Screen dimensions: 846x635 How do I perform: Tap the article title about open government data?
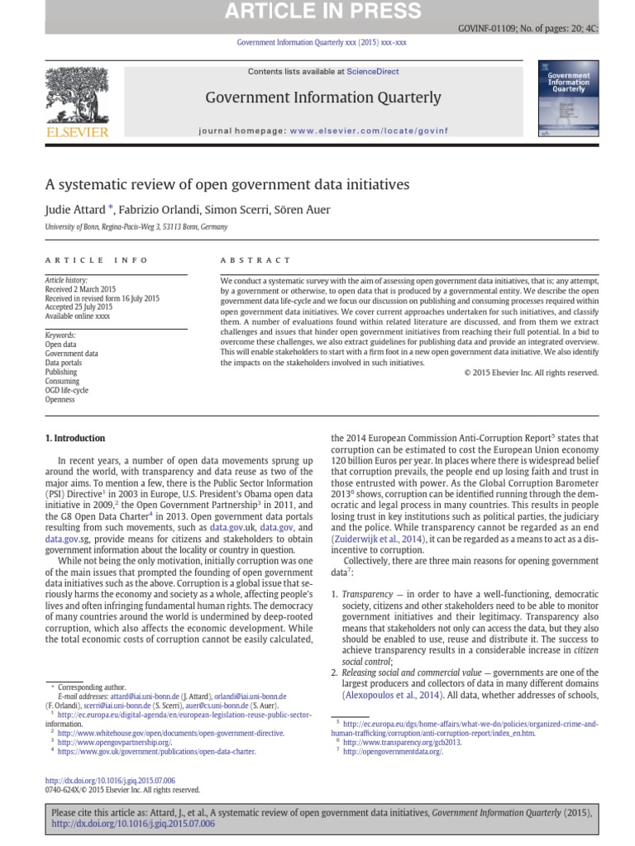point(227,184)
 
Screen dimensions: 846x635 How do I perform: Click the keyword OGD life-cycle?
point(66,390)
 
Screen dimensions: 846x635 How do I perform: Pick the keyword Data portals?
point(64,363)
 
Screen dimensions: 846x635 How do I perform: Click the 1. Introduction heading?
point(74,438)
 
